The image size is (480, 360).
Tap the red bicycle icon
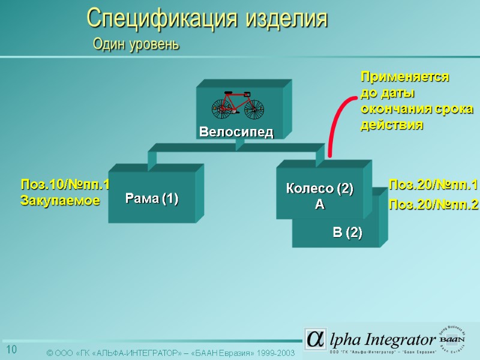click(x=238, y=104)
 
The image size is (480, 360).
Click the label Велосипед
click(x=236, y=132)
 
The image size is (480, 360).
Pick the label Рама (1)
click(x=152, y=199)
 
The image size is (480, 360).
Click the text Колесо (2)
click(x=319, y=188)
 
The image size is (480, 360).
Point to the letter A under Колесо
click(x=319, y=205)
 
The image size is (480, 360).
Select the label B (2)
click(x=347, y=232)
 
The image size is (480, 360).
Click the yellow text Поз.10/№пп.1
click(x=65, y=185)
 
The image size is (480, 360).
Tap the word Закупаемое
click(x=60, y=201)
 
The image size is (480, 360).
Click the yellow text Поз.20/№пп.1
click(x=433, y=184)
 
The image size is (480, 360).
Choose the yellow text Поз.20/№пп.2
click(x=433, y=205)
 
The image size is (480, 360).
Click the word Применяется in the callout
click(x=404, y=77)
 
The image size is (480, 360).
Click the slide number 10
click(x=11, y=350)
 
